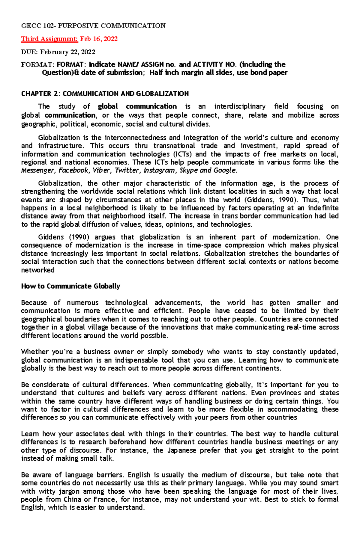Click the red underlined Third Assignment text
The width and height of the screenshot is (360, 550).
point(49,39)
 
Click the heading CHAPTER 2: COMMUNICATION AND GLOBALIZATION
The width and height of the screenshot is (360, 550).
point(105,94)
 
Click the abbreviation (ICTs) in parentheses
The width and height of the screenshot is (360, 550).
point(183,154)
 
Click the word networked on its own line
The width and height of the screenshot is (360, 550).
point(38,270)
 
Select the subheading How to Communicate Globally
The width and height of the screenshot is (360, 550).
point(70,286)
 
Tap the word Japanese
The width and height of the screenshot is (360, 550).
point(181,450)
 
